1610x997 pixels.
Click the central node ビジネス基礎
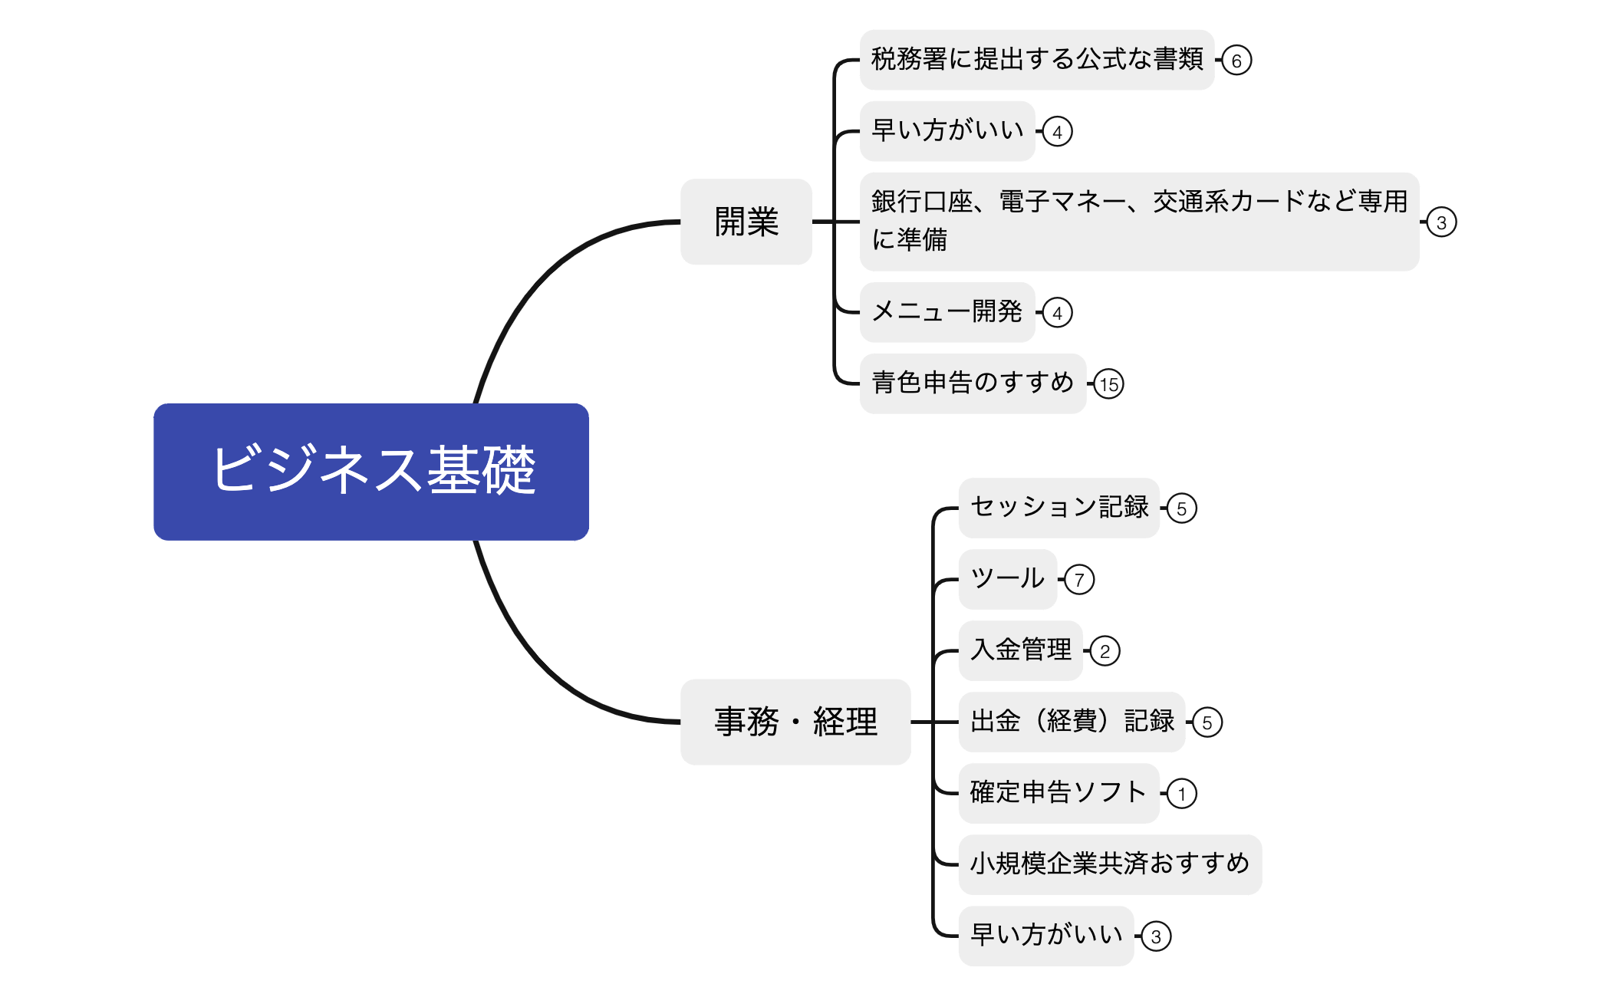(371, 472)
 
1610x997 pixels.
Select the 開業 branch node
(746, 222)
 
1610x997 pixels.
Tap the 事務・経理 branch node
(795, 722)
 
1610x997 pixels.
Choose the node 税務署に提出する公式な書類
(1036, 60)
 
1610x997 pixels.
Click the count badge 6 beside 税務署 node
(1236, 61)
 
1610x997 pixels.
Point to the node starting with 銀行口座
(1139, 221)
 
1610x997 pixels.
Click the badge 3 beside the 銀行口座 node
(1441, 222)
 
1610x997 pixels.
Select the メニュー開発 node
(947, 312)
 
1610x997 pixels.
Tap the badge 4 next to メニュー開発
(1058, 313)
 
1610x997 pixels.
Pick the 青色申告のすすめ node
(973, 383)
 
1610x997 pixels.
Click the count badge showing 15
(1109, 384)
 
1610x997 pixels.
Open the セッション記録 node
(1059, 508)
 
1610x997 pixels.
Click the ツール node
(1007, 579)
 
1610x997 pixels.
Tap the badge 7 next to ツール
(1080, 580)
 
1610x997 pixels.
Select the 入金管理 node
(1020, 650)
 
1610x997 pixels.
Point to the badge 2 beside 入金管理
(1105, 651)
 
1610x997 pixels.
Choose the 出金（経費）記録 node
(1072, 722)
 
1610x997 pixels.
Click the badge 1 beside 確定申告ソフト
(1182, 794)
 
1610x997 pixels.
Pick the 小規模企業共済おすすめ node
(1109, 864)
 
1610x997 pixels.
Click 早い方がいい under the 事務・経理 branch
(1045, 936)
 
